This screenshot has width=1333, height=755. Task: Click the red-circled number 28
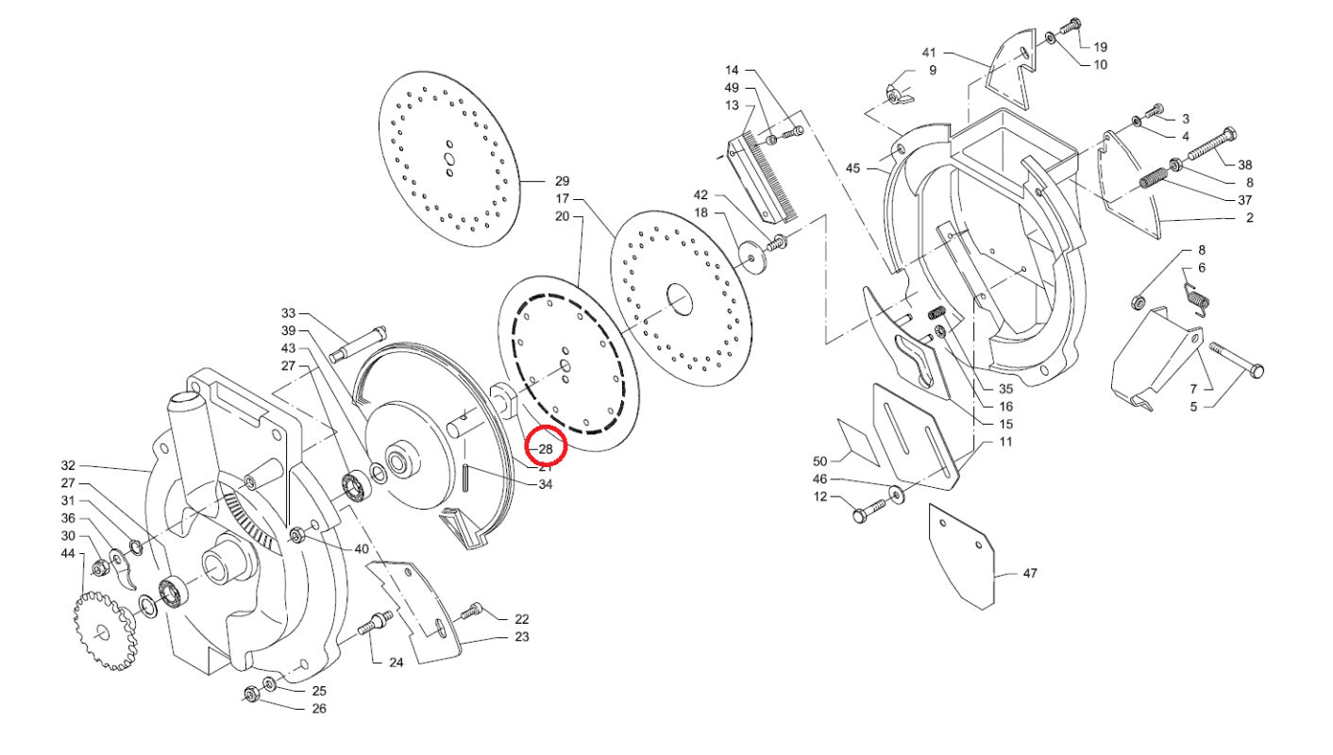[x=546, y=448]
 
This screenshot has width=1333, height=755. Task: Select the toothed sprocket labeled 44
[x=104, y=629]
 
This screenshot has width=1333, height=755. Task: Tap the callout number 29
[x=563, y=180]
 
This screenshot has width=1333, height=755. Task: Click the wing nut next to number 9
[x=896, y=93]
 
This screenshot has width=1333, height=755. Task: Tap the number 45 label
[x=853, y=168]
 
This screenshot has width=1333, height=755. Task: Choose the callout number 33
[x=289, y=313]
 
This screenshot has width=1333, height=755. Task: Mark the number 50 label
[x=819, y=461]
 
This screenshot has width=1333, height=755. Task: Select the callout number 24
[x=397, y=663]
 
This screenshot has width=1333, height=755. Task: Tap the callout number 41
[x=929, y=52]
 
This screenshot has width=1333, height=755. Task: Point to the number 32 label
[x=68, y=465]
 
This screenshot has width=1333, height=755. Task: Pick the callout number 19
[x=1100, y=46]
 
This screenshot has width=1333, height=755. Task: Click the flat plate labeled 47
[x=963, y=557]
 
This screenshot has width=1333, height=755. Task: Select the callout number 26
[x=319, y=709]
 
